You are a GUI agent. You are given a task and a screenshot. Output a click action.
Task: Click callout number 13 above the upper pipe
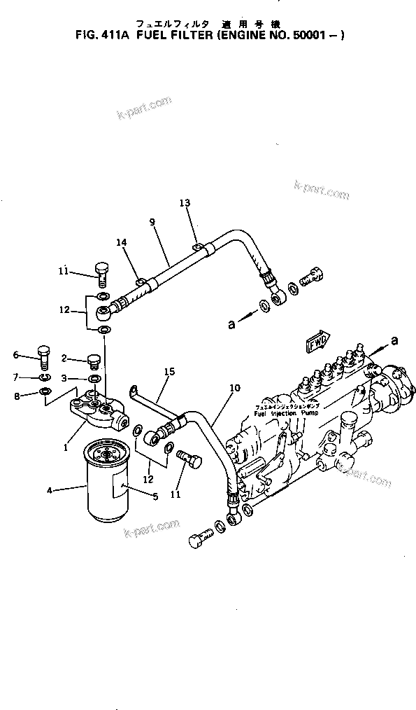click(x=185, y=203)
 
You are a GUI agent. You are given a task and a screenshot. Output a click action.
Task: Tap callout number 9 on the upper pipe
click(x=152, y=223)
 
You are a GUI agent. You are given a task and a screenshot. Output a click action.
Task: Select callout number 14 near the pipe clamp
click(x=122, y=242)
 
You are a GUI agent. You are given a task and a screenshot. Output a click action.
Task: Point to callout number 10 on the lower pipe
click(x=234, y=387)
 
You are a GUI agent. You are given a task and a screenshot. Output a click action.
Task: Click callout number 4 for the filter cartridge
click(x=50, y=490)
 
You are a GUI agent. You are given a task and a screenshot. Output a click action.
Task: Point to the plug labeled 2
click(x=94, y=361)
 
